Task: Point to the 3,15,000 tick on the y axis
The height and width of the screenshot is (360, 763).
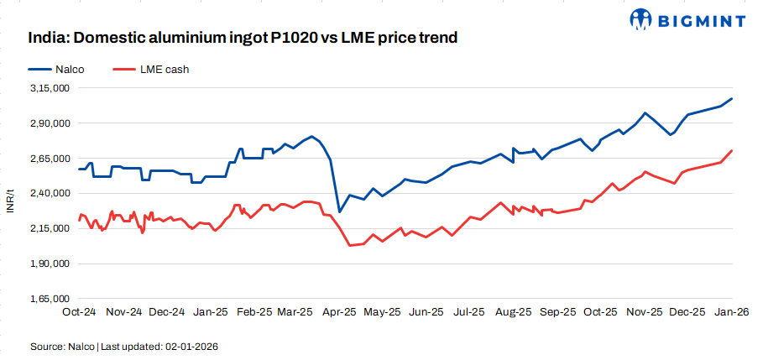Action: tap(50, 88)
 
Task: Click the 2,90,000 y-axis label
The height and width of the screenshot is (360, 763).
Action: tap(50, 123)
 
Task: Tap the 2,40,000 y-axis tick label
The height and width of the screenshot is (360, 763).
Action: tap(50, 193)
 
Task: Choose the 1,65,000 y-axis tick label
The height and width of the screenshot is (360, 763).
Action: tap(50, 299)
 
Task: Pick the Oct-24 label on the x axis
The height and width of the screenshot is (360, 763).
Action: tap(80, 311)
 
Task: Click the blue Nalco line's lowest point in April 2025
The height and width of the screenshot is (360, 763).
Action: tap(339, 211)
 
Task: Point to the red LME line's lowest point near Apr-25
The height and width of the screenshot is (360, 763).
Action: tap(348, 245)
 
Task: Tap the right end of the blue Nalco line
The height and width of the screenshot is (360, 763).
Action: tap(733, 98)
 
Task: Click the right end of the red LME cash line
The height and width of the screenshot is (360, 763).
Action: tap(733, 150)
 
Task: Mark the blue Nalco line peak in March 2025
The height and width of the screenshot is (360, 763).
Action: tap(312, 136)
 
